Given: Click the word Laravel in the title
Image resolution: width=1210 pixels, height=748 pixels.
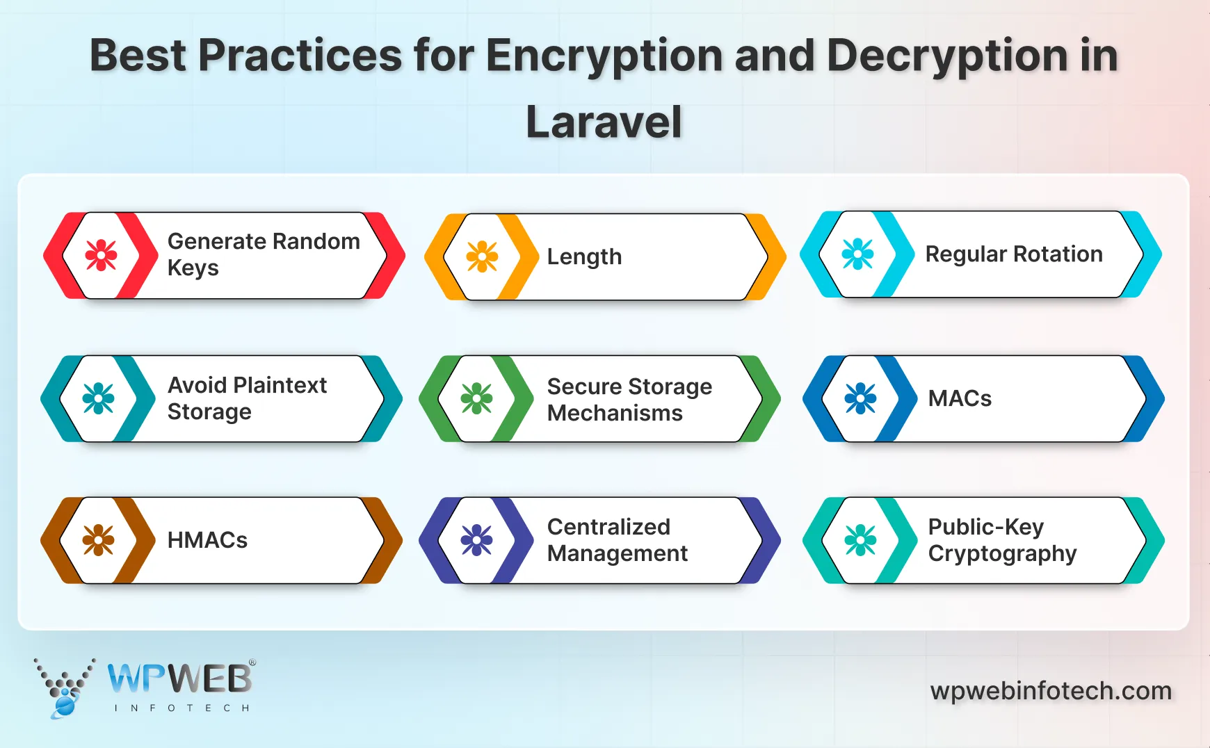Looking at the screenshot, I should (604, 122).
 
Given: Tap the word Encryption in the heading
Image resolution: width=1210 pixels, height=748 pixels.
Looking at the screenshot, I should (604, 56).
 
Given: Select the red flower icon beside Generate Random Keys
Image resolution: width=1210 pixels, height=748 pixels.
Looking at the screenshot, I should (101, 255).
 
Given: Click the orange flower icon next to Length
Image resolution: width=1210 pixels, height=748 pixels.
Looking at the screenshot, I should (482, 257).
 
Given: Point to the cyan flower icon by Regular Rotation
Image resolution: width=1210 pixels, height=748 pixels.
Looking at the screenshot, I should (857, 254).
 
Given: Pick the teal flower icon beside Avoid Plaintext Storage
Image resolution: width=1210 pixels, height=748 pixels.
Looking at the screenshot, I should (98, 398).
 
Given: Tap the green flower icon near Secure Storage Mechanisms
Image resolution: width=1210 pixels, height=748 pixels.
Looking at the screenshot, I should (476, 398).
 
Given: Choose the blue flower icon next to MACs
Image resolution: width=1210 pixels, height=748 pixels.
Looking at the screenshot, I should (860, 398).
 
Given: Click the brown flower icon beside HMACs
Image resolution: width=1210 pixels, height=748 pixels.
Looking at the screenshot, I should (98, 540).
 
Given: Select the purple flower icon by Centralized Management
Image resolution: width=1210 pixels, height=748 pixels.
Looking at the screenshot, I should (476, 540).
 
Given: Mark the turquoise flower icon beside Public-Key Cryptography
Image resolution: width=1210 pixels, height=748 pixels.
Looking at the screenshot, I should (860, 540).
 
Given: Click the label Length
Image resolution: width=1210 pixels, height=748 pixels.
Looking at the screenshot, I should (584, 257).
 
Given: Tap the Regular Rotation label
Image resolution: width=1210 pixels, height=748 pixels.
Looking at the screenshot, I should (1014, 254).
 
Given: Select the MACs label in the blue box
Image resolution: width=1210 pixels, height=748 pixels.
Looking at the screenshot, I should (960, 398).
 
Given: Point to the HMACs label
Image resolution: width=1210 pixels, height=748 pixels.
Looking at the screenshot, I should (207, 540).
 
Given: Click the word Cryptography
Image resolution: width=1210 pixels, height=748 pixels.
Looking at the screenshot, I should (1002, 554).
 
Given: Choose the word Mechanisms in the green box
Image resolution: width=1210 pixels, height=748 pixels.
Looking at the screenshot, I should (615, 413).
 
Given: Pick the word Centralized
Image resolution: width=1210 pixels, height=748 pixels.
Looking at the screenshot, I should (608, 527).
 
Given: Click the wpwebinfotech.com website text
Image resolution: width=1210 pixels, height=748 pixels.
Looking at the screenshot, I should (1051, 691).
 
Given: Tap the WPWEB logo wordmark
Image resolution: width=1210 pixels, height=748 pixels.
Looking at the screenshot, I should (179, 679).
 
